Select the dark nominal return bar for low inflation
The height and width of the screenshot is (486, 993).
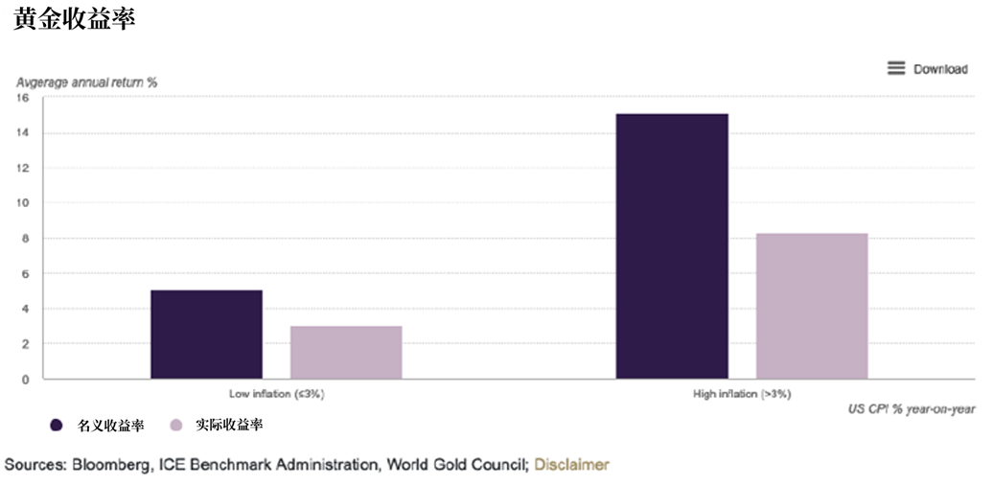(x=206, y=335)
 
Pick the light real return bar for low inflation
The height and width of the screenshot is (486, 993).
(x=346, y=352)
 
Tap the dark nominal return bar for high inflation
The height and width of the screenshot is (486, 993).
(x=672, y=246)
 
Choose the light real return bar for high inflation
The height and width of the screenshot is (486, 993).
(x=812, y=306)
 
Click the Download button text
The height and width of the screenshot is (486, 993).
(x=940, y=69)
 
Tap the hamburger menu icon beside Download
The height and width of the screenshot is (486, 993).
(x=896, y=68)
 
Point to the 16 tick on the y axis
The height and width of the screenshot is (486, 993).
(x=23, y=98)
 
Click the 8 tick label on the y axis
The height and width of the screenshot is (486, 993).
(x=25, y=238)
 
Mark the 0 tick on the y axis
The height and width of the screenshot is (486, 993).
(x=25, y=379)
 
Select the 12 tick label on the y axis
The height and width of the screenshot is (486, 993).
(x=23, y=168)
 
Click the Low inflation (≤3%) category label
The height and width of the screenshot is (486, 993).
(x=277, y=394)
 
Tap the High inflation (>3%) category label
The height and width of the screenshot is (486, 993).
(x=742, y=394)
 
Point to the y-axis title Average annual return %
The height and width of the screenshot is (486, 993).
(x=86, y=82)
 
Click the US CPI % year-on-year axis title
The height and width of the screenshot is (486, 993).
(x=912, y=409)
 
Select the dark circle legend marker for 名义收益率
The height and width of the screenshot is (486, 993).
(x=57, y=425)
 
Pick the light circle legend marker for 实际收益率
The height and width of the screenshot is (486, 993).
(x=175, y=425)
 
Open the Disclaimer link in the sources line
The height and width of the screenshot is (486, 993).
(x=571, y=465)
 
